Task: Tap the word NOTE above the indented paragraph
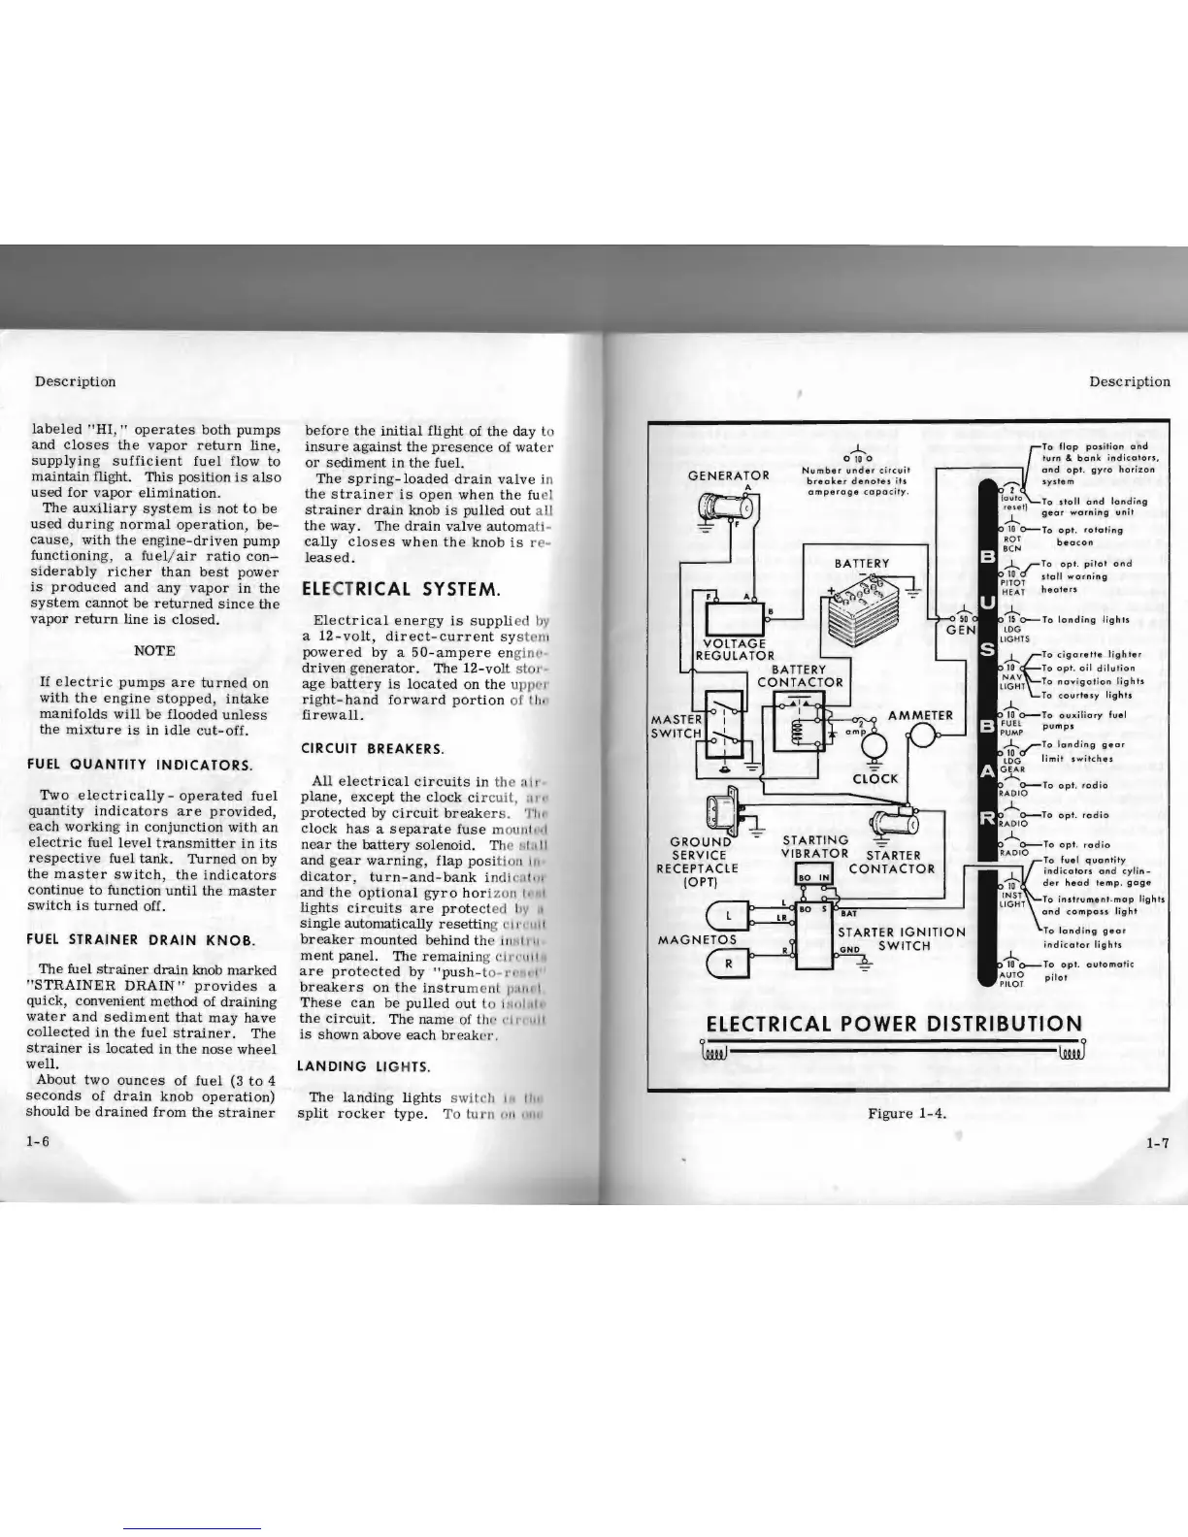[x=154, y=650]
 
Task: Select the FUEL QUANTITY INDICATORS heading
[x=140, y=765]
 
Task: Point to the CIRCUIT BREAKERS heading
[x=373, y=748]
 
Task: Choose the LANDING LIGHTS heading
[x=364, y=1065]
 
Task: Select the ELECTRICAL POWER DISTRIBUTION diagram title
[x=893, y=1024]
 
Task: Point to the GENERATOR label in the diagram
[x=728, y=475]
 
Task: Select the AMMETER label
[x=922, y=715]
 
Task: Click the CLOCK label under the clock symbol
[x=875, y=778]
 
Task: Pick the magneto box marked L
[x=728, y=914]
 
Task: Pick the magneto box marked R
[x=728, y=963]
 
